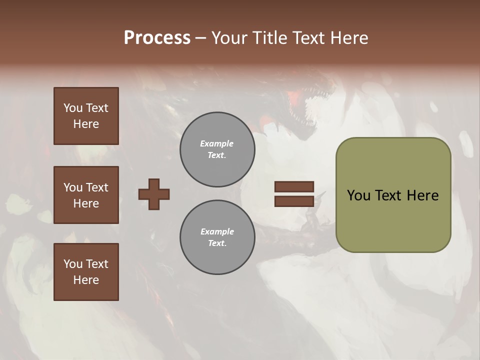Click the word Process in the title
[x=157, y=38]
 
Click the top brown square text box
[x=86, y=116]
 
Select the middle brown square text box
[x=86, y=195]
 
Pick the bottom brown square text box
[x=86, y=272]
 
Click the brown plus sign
[x=154, y=194]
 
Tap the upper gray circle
[x=217, y=149]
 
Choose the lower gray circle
[x=217, y=237]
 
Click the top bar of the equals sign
[x=294, y=186]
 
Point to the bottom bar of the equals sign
[x=294, y=201]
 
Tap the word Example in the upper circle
[x=217, y=143]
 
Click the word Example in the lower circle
[x=217, y=231]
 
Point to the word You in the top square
[x=72, y=108]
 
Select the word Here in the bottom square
[x=86, y=280]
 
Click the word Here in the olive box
[x=423, y=195]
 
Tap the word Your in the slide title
[x=228, y=38]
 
